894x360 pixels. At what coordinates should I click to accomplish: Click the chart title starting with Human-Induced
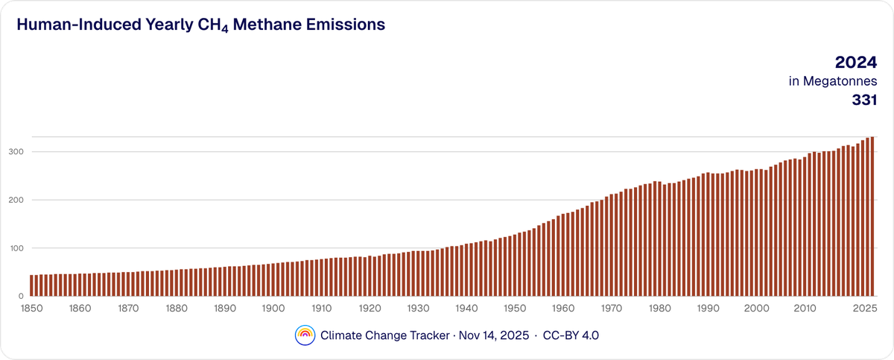point(200,25)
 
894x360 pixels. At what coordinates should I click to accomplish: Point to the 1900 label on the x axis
point(273,309)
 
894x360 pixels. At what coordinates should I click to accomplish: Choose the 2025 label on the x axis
point(864,309)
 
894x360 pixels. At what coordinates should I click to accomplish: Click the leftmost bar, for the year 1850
point(32,285)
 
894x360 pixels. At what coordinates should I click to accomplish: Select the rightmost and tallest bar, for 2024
point(871,216)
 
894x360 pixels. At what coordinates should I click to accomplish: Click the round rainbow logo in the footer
point(305,335)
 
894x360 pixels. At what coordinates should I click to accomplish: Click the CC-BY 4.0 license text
point(571,335)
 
